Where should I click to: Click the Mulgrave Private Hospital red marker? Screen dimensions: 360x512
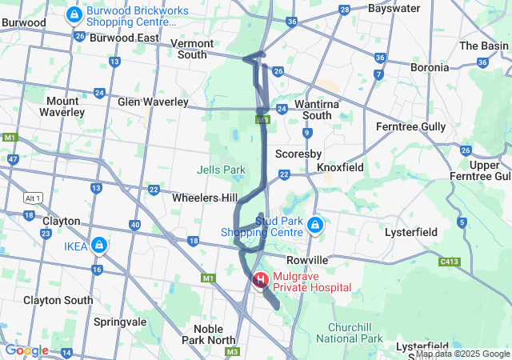[261, 280]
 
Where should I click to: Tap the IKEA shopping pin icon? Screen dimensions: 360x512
[99, 245]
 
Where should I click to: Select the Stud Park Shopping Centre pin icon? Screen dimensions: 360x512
[315, 226]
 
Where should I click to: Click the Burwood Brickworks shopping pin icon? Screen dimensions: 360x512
[74, 14]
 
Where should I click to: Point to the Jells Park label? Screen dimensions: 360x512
[221, 170]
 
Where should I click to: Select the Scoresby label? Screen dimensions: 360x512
[298, 153]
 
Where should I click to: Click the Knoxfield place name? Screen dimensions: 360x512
[340, 168]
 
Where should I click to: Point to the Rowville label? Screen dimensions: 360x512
[308, 260]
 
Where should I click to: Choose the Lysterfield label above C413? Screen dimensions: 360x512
[411, 232]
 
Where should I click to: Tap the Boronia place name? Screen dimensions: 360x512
[430, 68]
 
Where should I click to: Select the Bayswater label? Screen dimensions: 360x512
[394, 8]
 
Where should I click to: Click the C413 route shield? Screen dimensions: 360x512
[450, 261]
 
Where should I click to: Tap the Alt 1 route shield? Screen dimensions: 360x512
[33, 198]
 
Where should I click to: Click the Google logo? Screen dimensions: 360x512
[26, 350]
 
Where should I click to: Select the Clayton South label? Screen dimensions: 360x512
[58, 300]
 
